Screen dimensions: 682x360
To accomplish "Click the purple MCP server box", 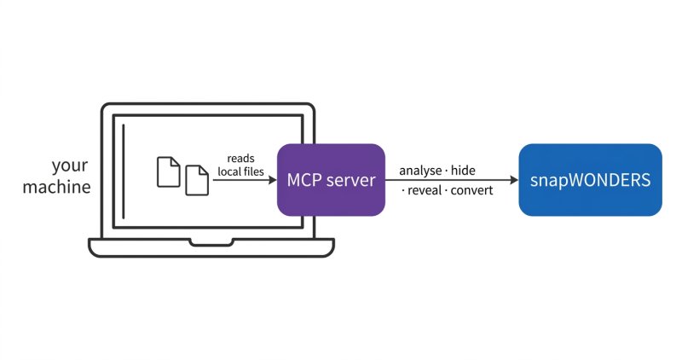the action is [x=331, y=180].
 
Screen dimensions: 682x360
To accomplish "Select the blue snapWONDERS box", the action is [x=590, y=180].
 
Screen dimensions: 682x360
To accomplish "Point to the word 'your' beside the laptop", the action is [x=70, y=166].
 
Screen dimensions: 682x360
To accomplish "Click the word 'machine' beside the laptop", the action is [x=56, y=187].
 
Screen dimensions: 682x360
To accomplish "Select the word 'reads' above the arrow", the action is [x=240, y=159].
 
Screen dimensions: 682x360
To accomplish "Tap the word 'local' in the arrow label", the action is [x=230, y=171].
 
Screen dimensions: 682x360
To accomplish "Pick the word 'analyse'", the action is [x=420, y=171].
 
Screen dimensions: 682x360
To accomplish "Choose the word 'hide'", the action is [x=463, y=171].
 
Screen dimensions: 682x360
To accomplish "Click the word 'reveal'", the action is [x=425, y=190].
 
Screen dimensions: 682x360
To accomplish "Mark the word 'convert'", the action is [x=472, y=191].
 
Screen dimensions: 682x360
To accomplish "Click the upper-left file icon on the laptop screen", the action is [x=168, y=172].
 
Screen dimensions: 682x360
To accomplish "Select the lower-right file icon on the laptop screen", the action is [x=197, y=180].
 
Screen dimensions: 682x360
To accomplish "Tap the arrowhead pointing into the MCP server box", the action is [x=273, y=180].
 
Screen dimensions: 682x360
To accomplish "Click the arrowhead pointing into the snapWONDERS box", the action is [x=514, y=180].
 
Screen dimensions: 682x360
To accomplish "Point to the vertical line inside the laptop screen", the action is [x=124, y=171].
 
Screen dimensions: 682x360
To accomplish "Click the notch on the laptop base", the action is [x=211, y=242].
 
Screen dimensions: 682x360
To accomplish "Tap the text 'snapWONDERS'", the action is [x=590, y=180].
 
